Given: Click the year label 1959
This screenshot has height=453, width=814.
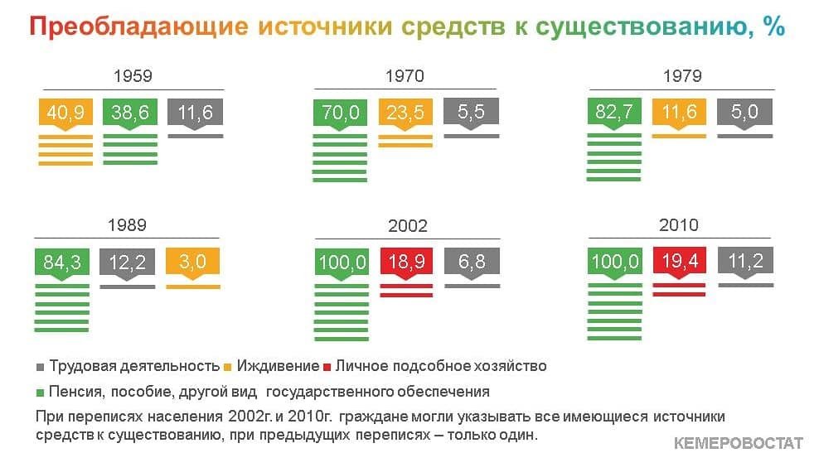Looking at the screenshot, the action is [x=133, y=75].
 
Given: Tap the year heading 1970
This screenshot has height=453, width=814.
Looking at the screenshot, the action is [x=405, y=75].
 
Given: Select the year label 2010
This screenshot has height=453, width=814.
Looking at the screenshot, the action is [x=679, y=224].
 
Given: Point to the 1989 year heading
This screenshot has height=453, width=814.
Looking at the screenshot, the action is [x=127, y=224].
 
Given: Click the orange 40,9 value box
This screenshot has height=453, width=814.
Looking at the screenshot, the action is [x=66, y=112].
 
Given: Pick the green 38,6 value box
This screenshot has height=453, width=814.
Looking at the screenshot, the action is [x=130, y=112].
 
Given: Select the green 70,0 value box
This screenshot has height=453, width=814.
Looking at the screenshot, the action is [x=340, y=112].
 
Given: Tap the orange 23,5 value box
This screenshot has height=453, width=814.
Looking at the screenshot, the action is [x=405, y=112].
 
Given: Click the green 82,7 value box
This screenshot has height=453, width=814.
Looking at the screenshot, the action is [x=614, y=112].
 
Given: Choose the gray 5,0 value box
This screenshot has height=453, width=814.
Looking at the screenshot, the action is [x=744, y=112].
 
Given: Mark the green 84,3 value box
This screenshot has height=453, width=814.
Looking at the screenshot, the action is [x=62, y=262].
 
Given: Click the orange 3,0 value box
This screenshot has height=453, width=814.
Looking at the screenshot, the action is [x=192, y=262].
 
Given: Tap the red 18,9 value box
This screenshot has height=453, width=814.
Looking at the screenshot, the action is [x=406, y=262].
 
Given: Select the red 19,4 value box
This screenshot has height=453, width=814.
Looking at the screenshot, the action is [x=679, y=261].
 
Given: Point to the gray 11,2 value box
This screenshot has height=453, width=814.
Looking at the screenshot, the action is [x=745, y=261].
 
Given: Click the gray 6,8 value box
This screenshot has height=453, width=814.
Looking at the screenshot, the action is [x=472, y=262].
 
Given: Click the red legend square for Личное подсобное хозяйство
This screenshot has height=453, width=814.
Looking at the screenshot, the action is [x=327, y=368].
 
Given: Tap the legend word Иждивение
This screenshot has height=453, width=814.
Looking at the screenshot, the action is [x=278, y=366].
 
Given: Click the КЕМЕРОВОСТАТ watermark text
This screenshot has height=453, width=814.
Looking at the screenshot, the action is [x=738, y=443].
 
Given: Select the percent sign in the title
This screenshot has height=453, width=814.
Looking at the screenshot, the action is [x=774, y=26].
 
